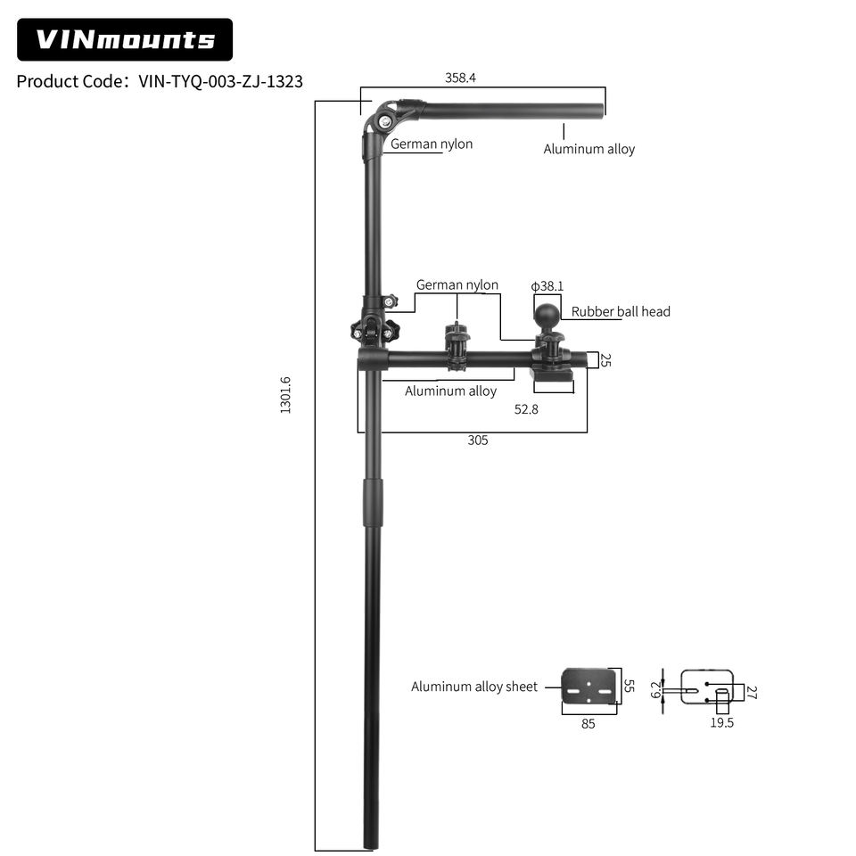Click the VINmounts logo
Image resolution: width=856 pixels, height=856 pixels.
click(x=125, y=39)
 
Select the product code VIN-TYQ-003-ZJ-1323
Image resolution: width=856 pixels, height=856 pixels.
click(x=220, y=81)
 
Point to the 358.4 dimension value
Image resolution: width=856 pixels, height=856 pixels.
click(x=460, y=78)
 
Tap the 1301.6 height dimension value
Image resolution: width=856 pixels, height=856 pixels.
click(x=285, y=395)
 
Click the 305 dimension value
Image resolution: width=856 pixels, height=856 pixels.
click(x=478, y=440)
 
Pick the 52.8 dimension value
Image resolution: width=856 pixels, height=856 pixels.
click(x=526, y=409)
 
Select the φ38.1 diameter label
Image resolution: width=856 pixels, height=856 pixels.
click(x=547, y=285)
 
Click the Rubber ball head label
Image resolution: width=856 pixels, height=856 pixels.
click(x=621, y=311)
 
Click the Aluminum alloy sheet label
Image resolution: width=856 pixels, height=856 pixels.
click(x=474, y=687)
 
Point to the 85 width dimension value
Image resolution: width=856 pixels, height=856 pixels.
click(x=588, y=724)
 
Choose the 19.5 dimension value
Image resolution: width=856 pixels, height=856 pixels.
click(x=721, y=723)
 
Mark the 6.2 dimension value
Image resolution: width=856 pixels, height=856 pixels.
click(x=655, y=689)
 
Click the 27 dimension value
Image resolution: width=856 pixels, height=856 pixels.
click(x=752, y=693)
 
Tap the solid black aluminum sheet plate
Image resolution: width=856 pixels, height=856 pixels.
click(x=588, y=687)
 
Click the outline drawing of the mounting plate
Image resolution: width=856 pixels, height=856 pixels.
click(x=707, y=687)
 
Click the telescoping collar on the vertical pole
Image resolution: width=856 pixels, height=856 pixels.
click(x=374, y=502)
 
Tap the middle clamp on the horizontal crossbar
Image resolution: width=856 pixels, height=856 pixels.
click(x=457, y=347)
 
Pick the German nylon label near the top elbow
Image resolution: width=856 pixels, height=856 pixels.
click(x=432, y=144)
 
